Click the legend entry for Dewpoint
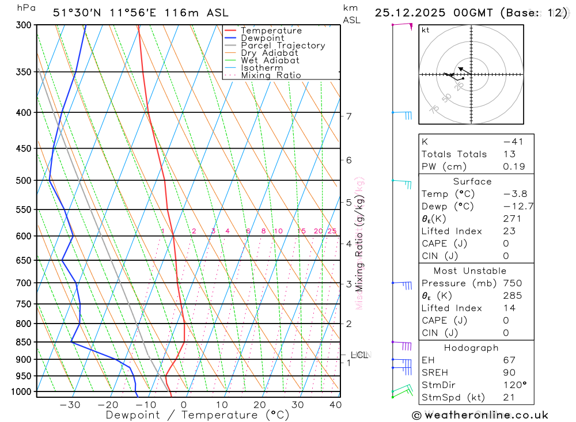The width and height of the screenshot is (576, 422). click(262, 38)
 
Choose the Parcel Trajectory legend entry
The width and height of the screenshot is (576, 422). click(282, 45)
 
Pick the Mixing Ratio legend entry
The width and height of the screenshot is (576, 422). click(271, 75)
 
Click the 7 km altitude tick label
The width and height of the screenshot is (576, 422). click(349, 116)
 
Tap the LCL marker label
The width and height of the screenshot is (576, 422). click(359, 355)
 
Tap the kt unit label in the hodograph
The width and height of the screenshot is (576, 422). click(426, 30)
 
